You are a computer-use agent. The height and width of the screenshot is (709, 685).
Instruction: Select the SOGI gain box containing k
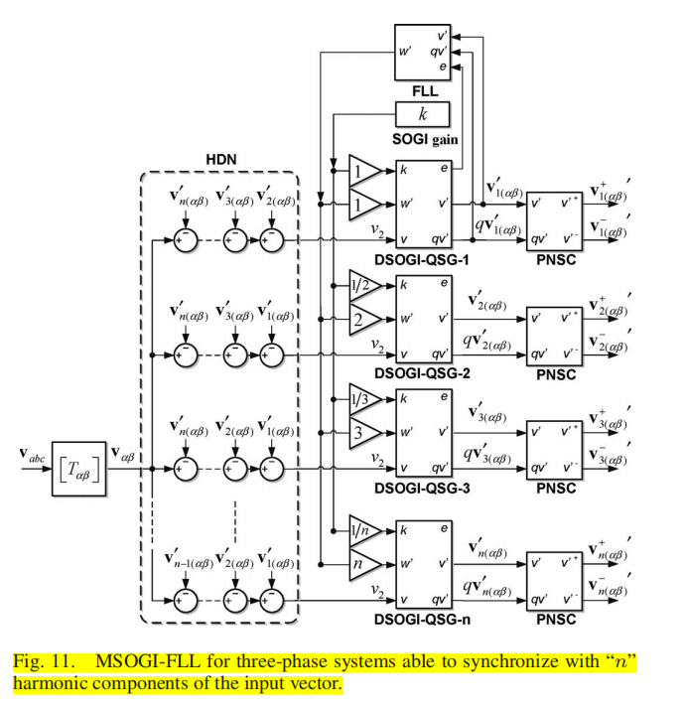422,114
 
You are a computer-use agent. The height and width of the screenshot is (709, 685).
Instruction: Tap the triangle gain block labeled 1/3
361,400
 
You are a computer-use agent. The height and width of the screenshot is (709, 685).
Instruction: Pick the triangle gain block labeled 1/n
361,530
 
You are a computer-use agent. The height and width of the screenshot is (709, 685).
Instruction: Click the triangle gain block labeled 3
361,435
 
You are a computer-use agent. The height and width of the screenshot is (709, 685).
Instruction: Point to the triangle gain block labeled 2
361,320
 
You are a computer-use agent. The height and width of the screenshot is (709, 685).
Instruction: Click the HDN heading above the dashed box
220,159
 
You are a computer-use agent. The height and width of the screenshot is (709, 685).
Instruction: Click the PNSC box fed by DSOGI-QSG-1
554,218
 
